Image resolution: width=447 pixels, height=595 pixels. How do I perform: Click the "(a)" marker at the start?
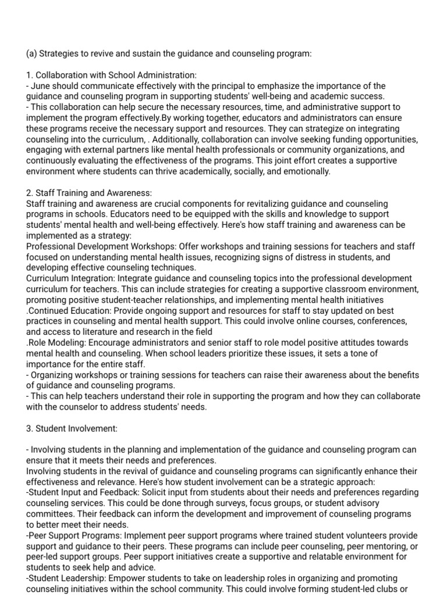[x=31, y=53]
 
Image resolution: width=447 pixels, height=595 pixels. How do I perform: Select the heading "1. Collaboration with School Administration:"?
[x=112, y=75]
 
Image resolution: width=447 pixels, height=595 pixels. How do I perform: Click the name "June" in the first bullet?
[x=42, y=86]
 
